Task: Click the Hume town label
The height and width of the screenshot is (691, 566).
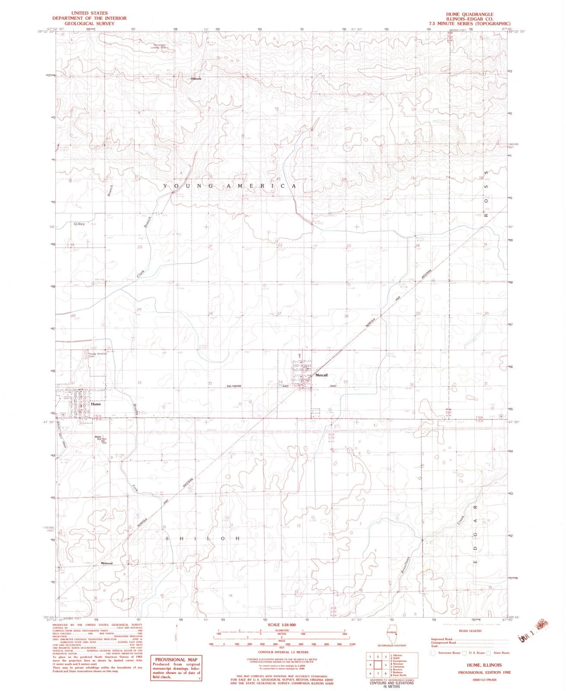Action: coord(96,404)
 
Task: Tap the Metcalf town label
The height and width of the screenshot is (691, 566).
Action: coord(323,375)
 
